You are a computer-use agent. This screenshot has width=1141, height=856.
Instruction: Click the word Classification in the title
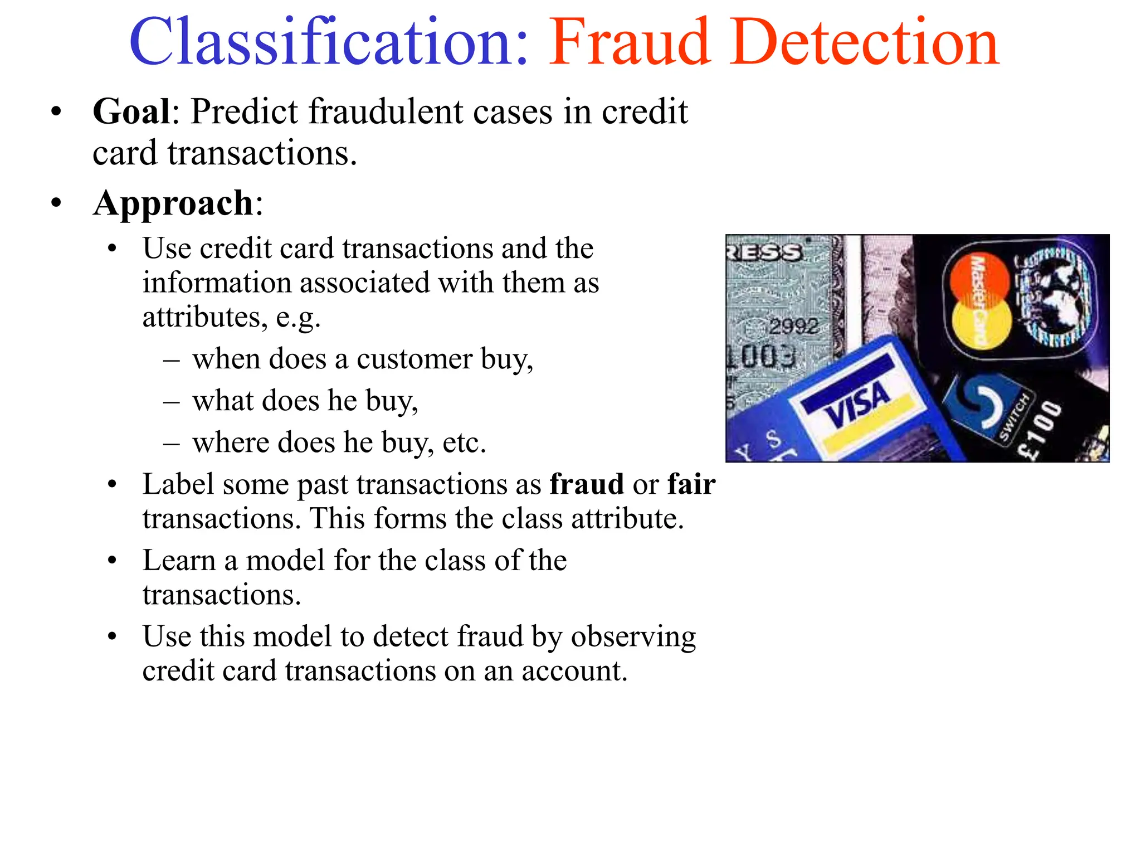[329, 43]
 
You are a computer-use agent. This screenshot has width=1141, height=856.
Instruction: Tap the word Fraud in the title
[630, 43]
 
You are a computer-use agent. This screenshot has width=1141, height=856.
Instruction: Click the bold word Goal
[131, 111]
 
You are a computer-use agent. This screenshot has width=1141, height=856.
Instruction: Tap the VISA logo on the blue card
[858, 405]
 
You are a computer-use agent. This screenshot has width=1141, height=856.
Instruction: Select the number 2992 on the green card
[793, 326]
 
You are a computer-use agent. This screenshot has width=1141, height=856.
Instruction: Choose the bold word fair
[691, 484]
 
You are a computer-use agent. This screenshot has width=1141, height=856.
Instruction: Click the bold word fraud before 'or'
[586, 484]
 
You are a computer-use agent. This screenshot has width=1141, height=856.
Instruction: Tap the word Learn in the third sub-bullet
[179, 560]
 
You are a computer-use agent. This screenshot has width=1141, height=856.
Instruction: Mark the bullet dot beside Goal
[56, 112]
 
